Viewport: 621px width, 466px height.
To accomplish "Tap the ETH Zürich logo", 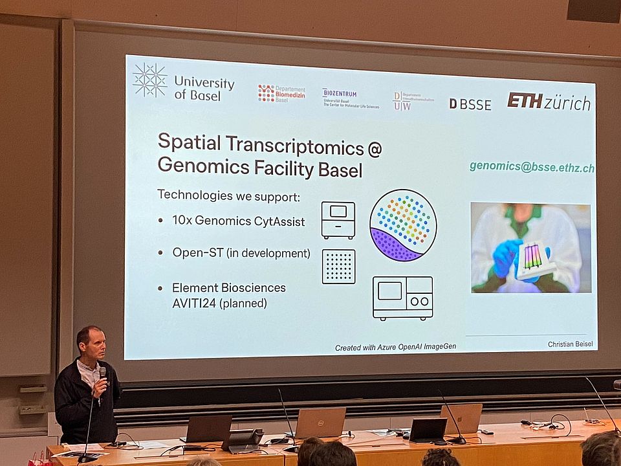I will point(549,102).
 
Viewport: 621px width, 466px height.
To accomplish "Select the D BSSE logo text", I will point(470,104).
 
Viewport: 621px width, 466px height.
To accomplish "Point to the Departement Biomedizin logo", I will point(281,93).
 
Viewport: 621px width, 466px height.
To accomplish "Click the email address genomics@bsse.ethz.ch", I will point(532,167).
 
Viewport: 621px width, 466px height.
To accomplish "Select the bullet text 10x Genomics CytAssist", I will point(238,221).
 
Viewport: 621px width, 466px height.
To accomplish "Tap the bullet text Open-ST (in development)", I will point(241,253).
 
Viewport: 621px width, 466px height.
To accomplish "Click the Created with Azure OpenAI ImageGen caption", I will point(395,347).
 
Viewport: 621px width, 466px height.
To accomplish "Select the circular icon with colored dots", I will point(403,225).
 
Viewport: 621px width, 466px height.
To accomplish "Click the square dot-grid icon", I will point(339,267).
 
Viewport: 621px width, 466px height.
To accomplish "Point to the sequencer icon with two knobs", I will point(402,298).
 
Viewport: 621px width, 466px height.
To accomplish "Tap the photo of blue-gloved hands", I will point(530,247).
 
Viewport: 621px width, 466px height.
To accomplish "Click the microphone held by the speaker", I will point(102,376).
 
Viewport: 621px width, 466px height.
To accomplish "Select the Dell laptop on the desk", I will point(320,423).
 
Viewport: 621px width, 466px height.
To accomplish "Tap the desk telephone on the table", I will point(242,440).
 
